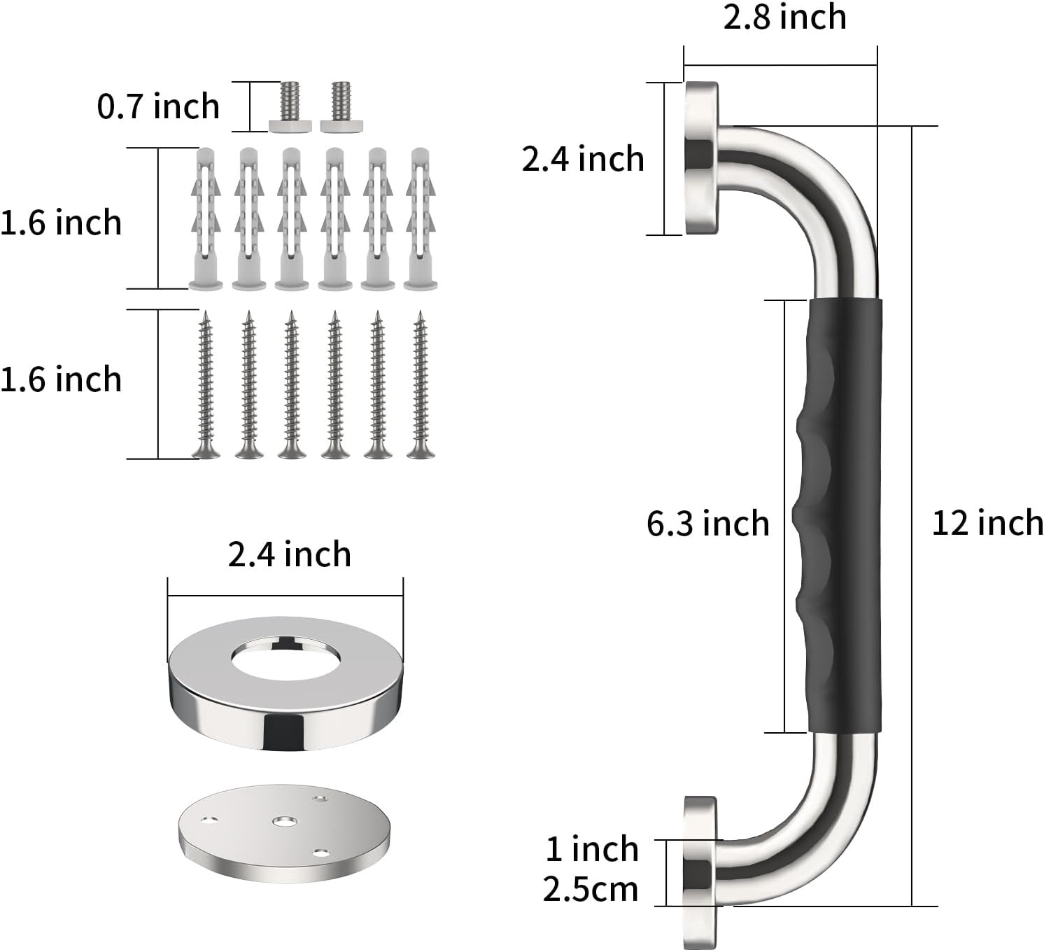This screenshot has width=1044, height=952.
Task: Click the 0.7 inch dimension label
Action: (x=158, y=106)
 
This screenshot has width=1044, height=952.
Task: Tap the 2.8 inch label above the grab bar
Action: (x=785, y=17)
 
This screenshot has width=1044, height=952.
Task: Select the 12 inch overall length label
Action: (x=987, y=523)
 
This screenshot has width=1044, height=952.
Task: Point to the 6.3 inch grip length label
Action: (x=708, y=524)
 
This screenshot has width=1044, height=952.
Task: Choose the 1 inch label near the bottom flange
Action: (x=592, y=849)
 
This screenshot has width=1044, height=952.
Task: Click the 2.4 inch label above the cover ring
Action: (x=290, y=554)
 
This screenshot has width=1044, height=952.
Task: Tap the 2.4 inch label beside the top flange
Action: (x=583, y=159)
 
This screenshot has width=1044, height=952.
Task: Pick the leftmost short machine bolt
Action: (x=290, y=107)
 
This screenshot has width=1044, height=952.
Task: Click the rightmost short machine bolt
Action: (x=341, y=107)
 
